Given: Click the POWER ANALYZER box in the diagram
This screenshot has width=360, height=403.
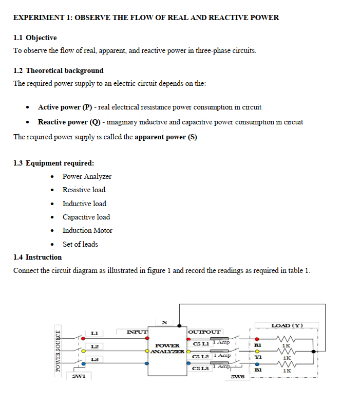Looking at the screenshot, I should point(167,349).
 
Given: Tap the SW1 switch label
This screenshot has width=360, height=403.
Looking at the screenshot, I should point(78,377).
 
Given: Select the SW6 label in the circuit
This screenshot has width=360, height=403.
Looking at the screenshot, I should point(239,378).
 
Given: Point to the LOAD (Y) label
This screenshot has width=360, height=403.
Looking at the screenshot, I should point(287,325).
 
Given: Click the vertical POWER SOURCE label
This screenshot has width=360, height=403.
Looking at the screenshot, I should point(59,349).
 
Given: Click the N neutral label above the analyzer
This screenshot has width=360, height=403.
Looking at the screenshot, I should point(164,322).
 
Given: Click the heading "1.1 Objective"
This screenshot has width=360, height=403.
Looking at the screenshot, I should point(35,38).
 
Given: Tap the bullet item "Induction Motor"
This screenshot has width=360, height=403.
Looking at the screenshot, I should point(87,230).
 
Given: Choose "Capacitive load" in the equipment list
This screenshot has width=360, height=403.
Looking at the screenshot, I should point(86,217).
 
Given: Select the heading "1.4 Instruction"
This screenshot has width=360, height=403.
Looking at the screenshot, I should point(37,257).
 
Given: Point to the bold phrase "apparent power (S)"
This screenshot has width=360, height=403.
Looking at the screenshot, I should point(166,137).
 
